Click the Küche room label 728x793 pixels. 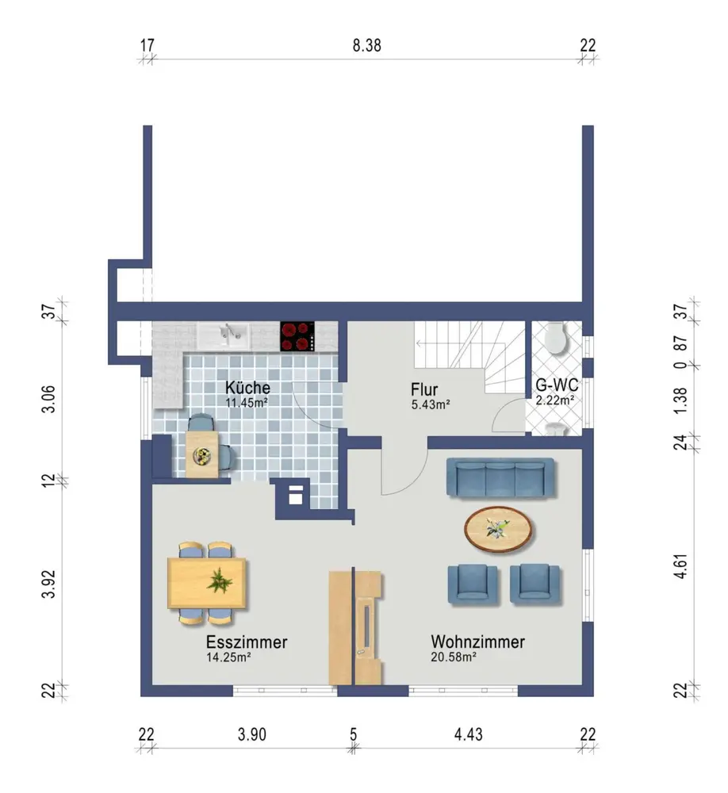click(247, 388)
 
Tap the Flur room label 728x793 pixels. click(424, 389)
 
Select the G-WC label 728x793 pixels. click(557, 385)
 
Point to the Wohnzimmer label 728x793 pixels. click(477, 642)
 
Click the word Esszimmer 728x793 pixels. click(247, 642)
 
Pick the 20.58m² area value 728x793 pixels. click(454, 657)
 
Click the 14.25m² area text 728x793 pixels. click(228, 657)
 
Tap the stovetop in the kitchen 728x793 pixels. click(297, 336)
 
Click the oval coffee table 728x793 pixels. click(498, 529)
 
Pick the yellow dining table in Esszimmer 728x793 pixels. click(207, 583)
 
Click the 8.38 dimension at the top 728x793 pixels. click(367, 45)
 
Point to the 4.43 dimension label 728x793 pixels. click(469, 734)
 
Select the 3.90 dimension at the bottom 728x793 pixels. click(252, 734)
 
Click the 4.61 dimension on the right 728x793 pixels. click(681, 566)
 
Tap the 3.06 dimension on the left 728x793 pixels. click(48, 400)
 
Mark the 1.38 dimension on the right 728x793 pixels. click(681, 400)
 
